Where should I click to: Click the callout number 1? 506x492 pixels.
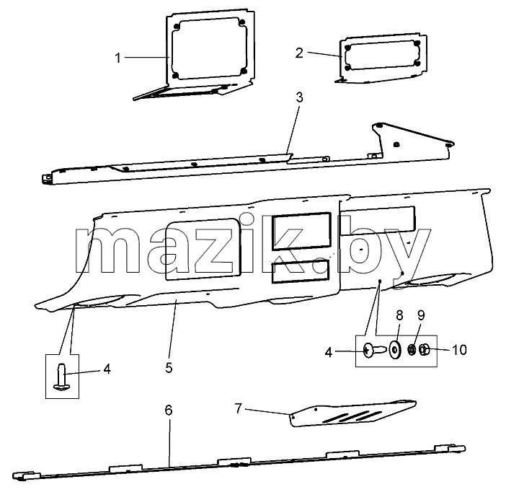117,58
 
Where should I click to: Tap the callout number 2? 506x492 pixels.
299,53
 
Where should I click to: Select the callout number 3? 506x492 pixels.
299,97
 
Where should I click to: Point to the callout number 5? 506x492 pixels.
169,368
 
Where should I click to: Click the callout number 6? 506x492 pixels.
169,410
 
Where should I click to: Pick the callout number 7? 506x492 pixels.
238,408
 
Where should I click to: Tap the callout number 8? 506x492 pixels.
399,315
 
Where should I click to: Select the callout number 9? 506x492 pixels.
421,315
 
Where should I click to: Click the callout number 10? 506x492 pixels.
459,350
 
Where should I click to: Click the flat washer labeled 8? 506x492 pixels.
395,350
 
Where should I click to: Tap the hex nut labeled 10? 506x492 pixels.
424,350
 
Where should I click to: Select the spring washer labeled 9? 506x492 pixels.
412,350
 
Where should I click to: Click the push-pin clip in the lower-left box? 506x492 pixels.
62,377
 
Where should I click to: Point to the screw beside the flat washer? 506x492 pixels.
374,350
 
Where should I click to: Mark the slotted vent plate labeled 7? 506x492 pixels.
353,413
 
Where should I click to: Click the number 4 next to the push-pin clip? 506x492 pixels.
107,369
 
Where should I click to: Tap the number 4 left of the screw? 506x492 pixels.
329,353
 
